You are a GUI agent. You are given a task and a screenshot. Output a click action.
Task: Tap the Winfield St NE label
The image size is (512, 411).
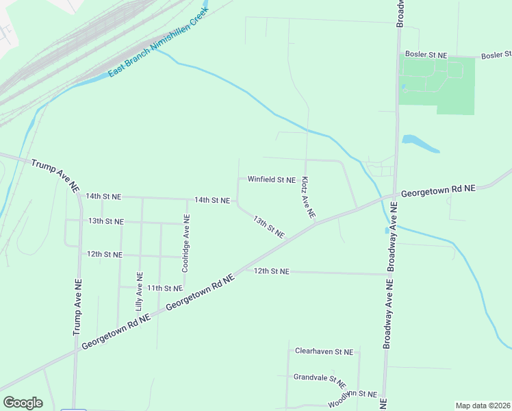(272, 179)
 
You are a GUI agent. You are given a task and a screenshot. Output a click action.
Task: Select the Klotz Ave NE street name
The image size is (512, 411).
(308, 197)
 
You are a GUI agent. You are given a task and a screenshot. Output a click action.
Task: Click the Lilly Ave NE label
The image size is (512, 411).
(140, 292)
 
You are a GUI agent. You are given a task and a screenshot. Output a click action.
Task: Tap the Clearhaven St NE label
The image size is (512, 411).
(324, 351)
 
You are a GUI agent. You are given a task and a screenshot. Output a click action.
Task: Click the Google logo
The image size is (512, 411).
(23, 403)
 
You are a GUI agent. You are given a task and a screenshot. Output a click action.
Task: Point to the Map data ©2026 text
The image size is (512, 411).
(483, 406)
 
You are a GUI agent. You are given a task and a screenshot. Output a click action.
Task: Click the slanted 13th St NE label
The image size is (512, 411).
(268, 227)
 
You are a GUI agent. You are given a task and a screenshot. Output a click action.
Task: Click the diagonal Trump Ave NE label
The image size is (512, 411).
(56, 175)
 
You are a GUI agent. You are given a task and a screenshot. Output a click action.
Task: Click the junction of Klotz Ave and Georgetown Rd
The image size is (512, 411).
(317, 222)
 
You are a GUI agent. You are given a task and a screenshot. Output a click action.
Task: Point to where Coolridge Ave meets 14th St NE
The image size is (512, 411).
(187, 199)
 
